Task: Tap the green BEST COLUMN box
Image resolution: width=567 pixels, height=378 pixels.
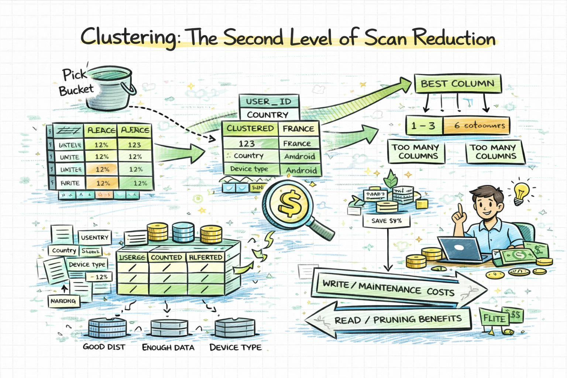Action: tap(457, 84)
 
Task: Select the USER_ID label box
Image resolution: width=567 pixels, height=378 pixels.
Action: tap(268, 102)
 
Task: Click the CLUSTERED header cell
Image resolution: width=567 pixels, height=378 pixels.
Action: tap(250, 128)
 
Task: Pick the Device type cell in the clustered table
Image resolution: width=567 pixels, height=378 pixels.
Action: tap(249, 169)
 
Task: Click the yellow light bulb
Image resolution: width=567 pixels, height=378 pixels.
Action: tap(521, 192)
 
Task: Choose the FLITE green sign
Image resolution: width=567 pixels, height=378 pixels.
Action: tap(494, 318)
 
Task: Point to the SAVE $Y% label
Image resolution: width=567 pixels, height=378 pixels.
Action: tap(386, 221)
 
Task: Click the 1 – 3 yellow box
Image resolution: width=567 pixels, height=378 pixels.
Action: tap(424, 126)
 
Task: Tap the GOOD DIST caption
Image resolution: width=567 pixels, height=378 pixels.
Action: tap(104, 347)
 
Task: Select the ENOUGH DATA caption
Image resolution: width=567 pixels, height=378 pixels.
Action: tap(168, 347)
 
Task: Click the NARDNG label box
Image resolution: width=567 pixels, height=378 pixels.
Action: tap(63, 301)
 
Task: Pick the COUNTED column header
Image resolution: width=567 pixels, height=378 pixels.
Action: tap(166, 257)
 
